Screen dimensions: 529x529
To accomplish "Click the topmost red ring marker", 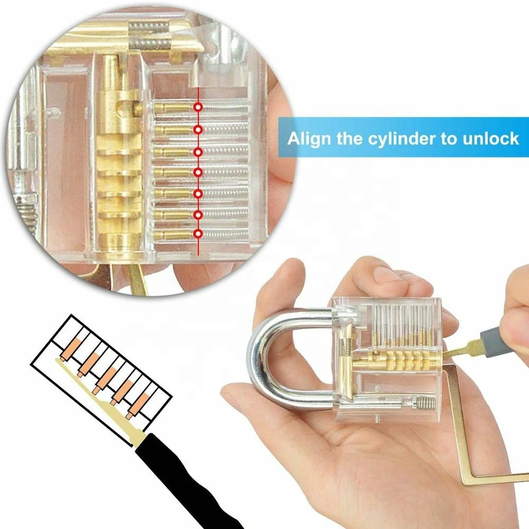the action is point(198,107).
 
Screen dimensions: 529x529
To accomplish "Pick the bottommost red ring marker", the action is point(198,233).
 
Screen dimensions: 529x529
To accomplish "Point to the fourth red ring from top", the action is point(198,172).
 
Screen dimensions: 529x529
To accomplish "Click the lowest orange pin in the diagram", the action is point(137,404).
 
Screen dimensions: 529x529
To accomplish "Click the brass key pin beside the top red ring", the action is point(173,107).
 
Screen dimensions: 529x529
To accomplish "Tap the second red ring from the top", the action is point(198,130).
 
